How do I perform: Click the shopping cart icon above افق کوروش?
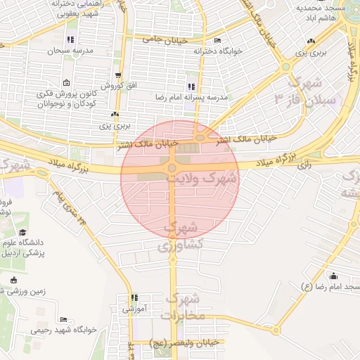pos(117,75)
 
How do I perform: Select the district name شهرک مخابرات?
pos(181,307)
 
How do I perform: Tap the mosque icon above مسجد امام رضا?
pos(333,276)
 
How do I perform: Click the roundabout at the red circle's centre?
pos(172,167)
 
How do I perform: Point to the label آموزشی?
pos(132,309)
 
